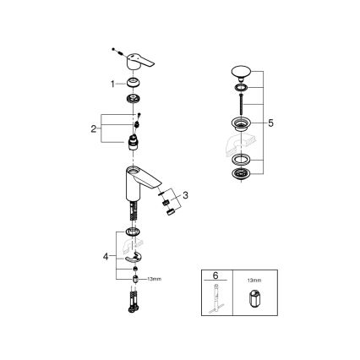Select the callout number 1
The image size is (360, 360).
(112, 84)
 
